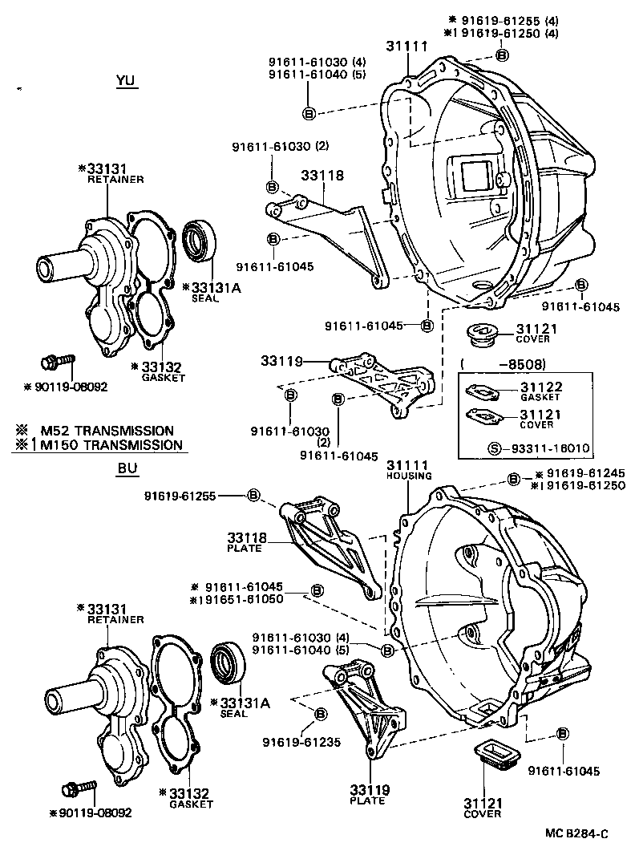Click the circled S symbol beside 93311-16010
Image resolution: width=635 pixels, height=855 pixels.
click(495, 448)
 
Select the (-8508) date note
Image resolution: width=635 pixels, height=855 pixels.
click(503, 363)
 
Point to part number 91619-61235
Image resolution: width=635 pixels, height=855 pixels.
click(302, 742)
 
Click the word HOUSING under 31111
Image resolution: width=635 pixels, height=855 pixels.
click(409, 476)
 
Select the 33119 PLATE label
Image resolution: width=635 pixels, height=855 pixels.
click(369, 794)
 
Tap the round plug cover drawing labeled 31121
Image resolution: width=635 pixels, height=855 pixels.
click(485, 334)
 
